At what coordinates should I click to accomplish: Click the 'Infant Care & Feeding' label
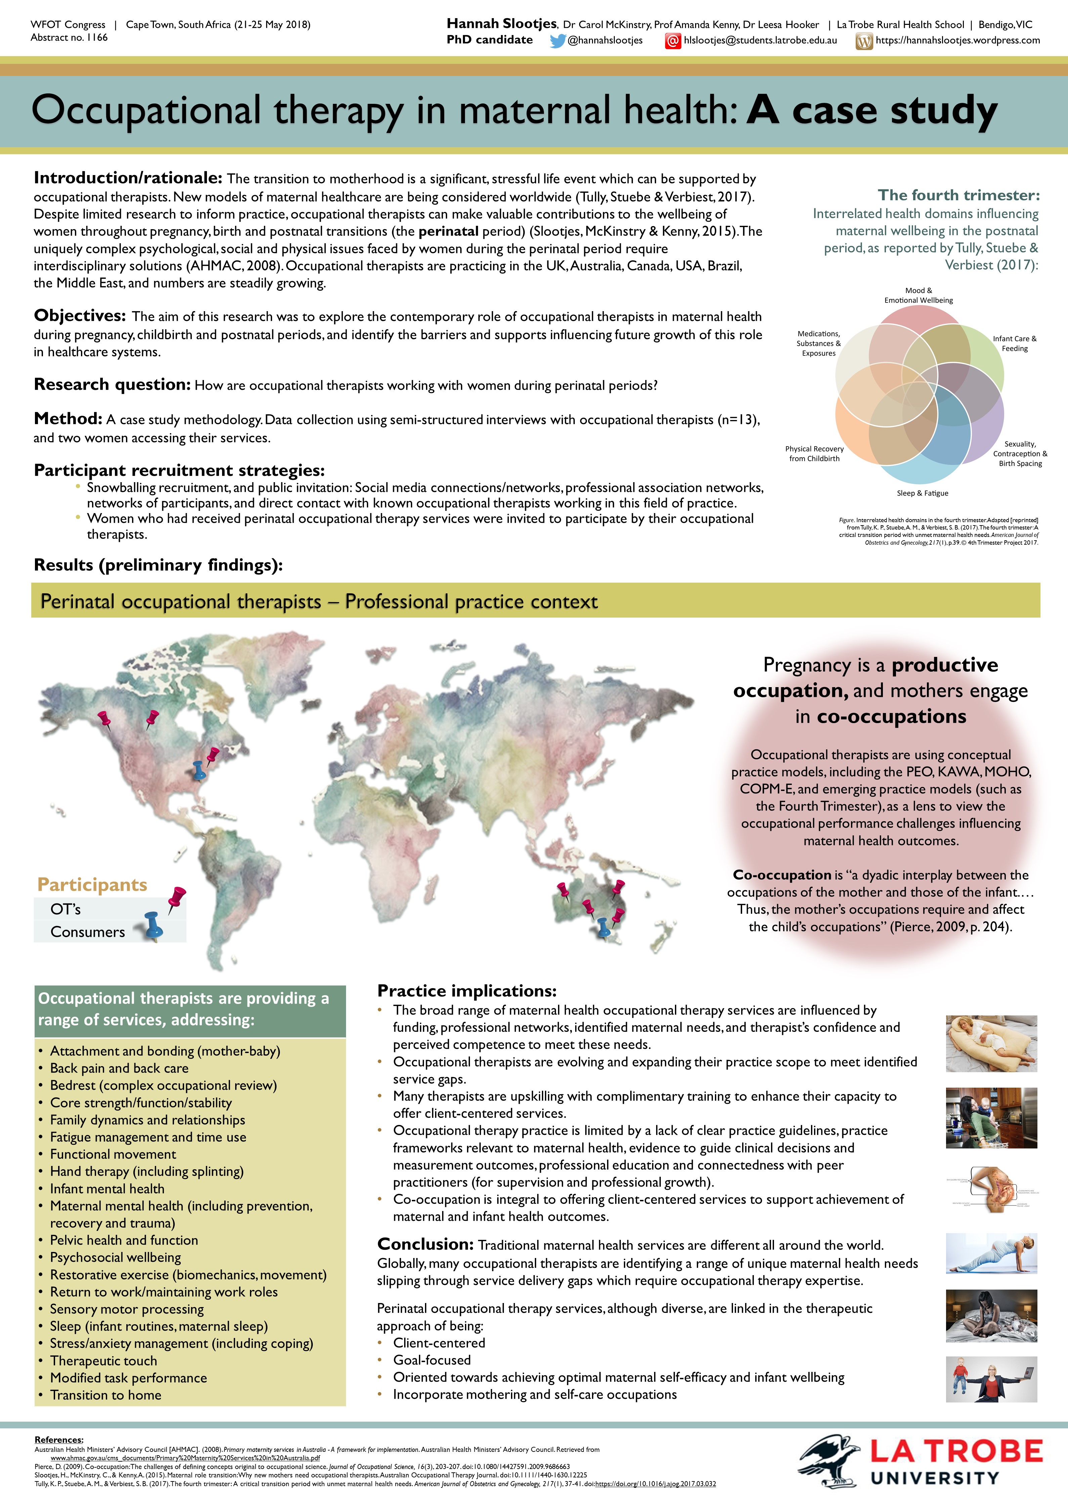[x=1014, y=343]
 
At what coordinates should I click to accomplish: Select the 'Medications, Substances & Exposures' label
[x=819, y=343]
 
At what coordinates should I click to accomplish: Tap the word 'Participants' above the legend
[x=92, y=885]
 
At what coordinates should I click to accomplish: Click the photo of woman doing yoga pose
[x=991, y=1254]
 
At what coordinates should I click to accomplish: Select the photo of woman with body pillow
[x=991, y=1044]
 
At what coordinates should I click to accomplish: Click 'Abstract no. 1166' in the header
[x=69, y=38]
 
